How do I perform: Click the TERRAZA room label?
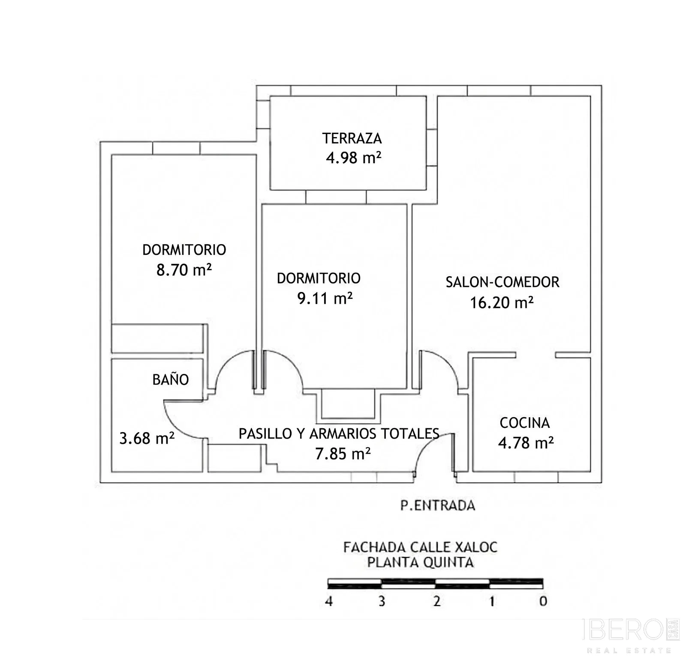click(x=352, y=138)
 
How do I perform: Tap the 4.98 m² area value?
click(x=354, y=158)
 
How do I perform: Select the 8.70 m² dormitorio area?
click(x=184, y=270)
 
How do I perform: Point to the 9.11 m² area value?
click(x=325, y=298)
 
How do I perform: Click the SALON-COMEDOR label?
click(x=502, y=282)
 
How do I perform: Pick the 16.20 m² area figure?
click(x=502, y=303)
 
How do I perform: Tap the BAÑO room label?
click(x=171, y=379)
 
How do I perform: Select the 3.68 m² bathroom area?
click(x=147, y=438)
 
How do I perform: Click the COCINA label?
click(x=525, y=423)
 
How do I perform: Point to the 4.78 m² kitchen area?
click(x=526, y=442)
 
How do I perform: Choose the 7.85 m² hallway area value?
click(x=343, y=453)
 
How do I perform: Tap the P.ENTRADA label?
click(x=438, y=505)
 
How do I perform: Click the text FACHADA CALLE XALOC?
click(x=420, y=547)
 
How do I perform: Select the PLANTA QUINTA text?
click(x=420, y=562)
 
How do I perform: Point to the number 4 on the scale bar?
click(x=329, y=601)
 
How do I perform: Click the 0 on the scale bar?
click(x=543, y=601)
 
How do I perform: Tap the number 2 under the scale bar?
click(x=437, y=601)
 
